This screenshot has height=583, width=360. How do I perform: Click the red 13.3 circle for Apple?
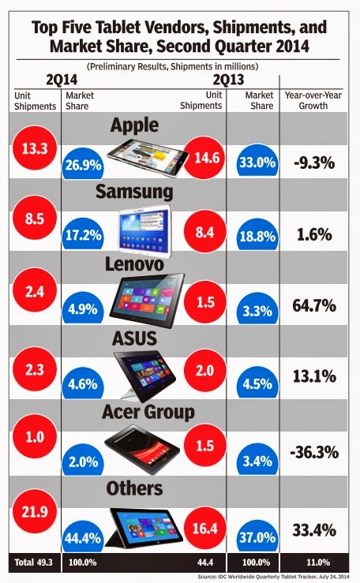coord(35,148)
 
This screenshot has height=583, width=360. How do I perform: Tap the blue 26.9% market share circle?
coord(84,163)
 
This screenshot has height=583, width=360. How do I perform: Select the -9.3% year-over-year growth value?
coord(314,163)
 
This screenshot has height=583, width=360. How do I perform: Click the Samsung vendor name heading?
coord(134,192)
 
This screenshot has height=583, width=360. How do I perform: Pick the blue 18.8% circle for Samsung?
coord(257,234)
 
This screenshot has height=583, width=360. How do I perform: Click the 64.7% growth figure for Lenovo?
coord(314,305)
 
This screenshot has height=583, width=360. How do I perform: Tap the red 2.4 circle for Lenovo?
coord(35,291)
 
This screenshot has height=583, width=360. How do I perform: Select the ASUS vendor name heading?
coord(135,338)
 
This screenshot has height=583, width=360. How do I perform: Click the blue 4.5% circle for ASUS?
coord(257,382)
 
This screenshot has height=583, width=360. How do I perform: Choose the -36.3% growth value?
coord(314,453)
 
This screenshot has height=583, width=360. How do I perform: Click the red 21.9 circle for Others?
coord(35,511)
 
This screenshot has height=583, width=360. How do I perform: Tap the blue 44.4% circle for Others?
coord(83,536)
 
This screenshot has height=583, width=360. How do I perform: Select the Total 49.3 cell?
coord(34,562)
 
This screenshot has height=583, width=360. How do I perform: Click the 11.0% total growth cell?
coord(318,562)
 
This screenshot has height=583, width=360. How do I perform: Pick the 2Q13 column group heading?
coord(229,80)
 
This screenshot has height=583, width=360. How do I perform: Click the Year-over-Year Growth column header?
coord(313,100)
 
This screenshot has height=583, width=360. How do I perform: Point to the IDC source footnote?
coord(273,577)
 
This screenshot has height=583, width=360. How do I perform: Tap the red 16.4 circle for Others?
coord(205,529)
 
